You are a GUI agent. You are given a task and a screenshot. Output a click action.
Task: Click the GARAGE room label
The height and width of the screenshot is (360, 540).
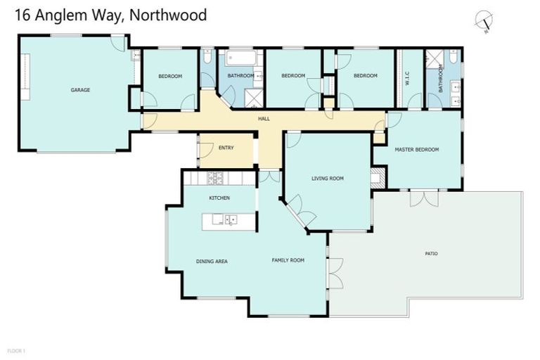80,90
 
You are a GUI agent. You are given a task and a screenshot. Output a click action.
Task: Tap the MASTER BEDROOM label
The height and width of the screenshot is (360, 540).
416,150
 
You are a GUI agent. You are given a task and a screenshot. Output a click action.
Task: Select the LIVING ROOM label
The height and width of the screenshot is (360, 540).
328,179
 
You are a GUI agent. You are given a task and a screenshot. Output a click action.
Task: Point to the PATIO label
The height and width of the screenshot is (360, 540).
431,253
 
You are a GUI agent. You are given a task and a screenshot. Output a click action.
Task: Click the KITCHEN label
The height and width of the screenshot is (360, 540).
219,198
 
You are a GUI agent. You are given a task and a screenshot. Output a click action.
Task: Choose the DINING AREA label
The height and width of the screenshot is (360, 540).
212,261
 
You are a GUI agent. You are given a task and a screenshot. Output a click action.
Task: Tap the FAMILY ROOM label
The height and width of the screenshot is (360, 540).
288,260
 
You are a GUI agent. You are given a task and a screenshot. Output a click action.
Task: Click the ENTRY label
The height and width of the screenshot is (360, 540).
226,148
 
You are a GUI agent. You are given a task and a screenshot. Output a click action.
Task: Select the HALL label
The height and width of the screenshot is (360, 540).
264,119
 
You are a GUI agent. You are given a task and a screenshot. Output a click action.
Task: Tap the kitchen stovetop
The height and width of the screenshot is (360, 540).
215,178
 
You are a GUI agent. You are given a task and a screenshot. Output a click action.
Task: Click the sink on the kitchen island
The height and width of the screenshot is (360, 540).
231,220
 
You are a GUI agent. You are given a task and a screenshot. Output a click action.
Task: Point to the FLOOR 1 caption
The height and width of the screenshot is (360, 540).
16,350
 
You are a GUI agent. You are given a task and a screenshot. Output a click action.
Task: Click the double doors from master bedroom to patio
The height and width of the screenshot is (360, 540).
424,198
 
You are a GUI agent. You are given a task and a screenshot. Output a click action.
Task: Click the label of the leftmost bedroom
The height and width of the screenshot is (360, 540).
170,76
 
